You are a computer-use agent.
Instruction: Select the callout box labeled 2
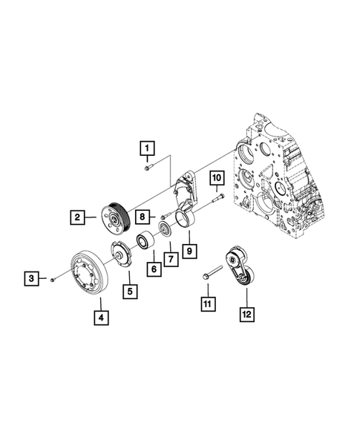click(76, 217)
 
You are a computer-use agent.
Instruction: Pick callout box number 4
click(99, 318)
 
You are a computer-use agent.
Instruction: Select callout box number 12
click(246, 314)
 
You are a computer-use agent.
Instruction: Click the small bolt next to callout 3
click(54, 280)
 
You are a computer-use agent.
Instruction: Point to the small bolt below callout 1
click(148, 168)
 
